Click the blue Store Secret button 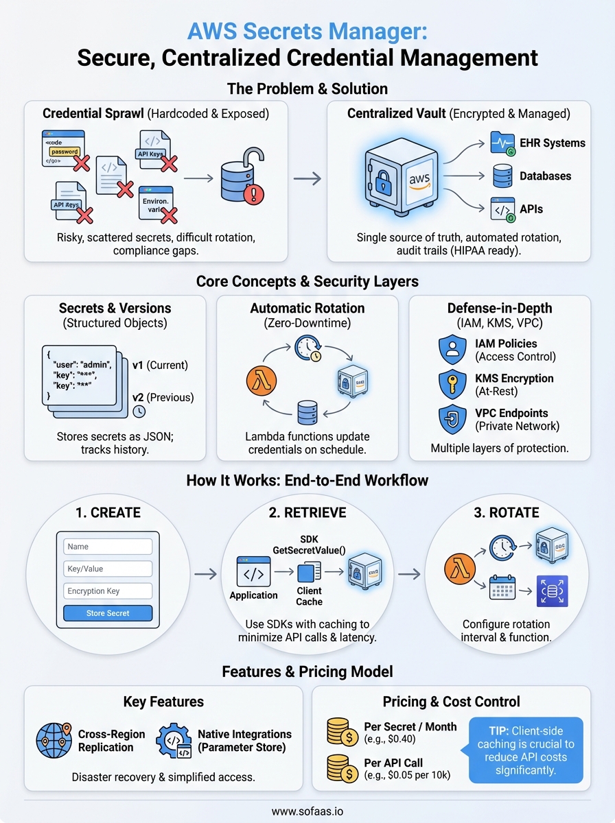(108, 613)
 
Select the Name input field (108, 547)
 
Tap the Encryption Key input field (108, 591)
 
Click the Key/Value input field (108, 569)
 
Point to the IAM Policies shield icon (452, 349)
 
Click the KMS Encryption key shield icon (452, 384)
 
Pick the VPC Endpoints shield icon (452, 419)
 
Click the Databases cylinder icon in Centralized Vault (501, 177)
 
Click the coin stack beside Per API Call (340, 769)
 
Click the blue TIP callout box (525, 750)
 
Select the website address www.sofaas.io (307, 811)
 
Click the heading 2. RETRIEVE (307, 512)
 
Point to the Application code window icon (253, 571)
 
